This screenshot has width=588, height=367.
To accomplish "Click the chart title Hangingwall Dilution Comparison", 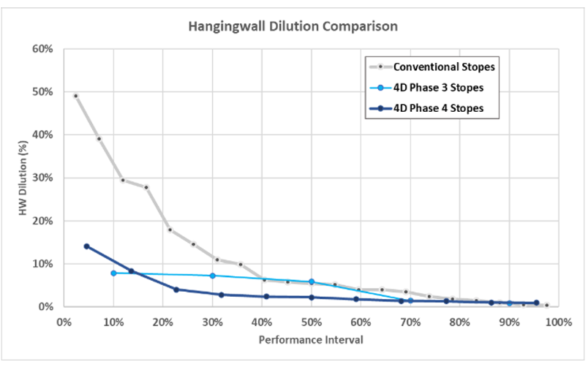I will click(x=293, y=26).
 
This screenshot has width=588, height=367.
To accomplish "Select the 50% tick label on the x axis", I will click(x=311, y=321).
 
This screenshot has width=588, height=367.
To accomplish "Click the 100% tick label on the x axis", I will click(x=557, y=321).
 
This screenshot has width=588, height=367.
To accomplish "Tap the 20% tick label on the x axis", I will click(x=162, y=321).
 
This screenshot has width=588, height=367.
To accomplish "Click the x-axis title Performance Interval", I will click(x=311, y=340).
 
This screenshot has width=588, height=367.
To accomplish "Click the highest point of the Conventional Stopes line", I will click(x=75, y=96).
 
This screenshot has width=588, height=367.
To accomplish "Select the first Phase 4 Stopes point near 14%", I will click(x=86, y=246).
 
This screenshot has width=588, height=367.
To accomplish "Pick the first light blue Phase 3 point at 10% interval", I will click(x=113, y=273).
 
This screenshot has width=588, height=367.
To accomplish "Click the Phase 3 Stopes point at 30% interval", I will click(x=213, y=276).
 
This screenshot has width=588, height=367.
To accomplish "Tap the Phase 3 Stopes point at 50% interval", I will click(x=312, y=281).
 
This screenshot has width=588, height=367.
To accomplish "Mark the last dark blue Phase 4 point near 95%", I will click(x=536, y=303).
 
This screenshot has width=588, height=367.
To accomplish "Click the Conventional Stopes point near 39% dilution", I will click(x=99, y=139).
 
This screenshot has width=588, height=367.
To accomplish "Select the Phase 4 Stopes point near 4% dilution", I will click(x=176, y=290).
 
